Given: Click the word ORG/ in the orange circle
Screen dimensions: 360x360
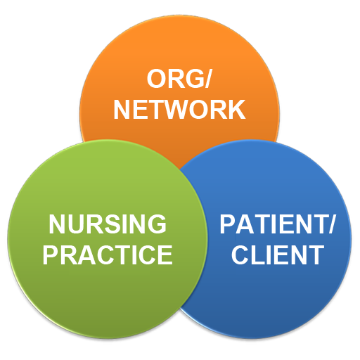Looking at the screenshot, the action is [179, 79].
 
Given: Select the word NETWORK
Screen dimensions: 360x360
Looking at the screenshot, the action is [179, 109].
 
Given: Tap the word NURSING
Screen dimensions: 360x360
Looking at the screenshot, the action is [108, 224].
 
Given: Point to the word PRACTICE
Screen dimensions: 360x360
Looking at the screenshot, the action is [108, 255].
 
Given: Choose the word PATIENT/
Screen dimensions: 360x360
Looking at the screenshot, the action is [278, 224].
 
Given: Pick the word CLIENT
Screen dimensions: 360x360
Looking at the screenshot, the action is [278, 255].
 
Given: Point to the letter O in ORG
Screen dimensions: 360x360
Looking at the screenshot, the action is [156, 79].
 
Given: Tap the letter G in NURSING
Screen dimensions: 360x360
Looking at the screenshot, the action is [157, 224].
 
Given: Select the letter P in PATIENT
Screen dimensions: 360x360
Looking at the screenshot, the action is [228, 224].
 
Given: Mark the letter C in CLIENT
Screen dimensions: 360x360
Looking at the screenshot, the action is [240, 255].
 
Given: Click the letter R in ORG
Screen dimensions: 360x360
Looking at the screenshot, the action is [177, 79].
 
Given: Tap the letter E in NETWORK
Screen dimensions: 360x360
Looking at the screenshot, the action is [139, 109].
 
